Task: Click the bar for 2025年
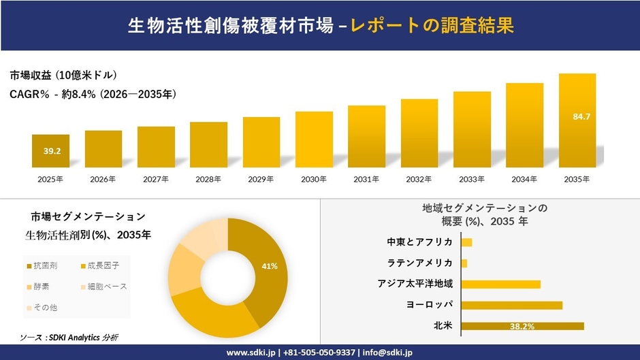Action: tap(50, 151)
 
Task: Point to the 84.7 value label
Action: tap(581, 117)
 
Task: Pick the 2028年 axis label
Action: tap(208, 180)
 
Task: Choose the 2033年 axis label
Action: tap(472, 180)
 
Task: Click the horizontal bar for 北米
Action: tap(522, 326)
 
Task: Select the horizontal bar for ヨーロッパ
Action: tap(511, 305)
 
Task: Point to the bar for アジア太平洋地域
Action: tap(500, 284)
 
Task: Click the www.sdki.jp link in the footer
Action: tap(250, 353)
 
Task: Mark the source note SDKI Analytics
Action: tap(72, 338)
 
